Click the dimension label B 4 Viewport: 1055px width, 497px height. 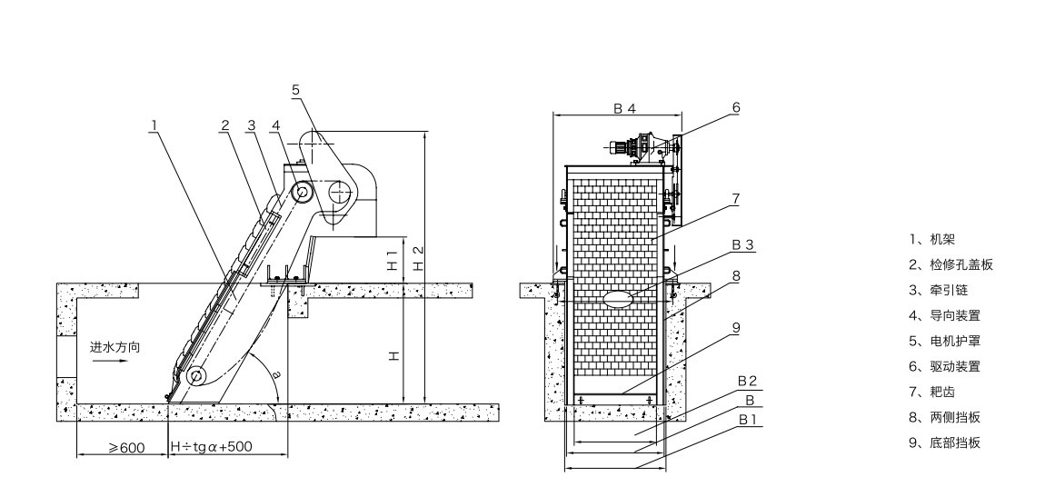coord(623,108)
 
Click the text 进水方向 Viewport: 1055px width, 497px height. coord(114,347)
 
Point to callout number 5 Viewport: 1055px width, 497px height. coord(295,89)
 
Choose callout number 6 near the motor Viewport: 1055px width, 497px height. coord(736,107)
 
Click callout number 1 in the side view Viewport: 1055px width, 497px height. coord(154,125)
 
